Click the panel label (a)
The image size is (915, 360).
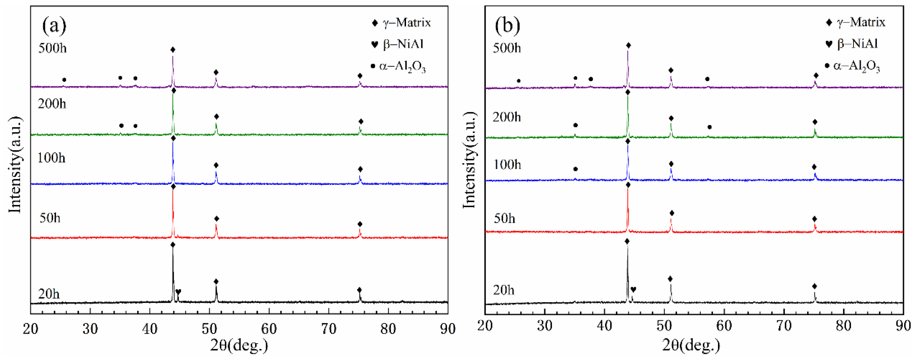tap(54, 26)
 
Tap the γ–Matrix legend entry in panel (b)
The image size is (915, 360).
tap(856, 22)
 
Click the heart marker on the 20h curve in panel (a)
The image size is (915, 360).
tap(178, 292)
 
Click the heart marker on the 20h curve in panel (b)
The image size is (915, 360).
tap(633, 290)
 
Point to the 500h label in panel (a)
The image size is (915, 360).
tap(52, 48)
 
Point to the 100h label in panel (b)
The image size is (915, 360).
tap(507, 165)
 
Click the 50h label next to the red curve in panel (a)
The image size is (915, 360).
tap(50, 217)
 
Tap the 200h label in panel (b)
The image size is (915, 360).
tap(507, 117)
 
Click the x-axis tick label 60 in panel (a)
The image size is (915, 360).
tap(269, 329)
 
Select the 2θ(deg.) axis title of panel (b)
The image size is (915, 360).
tap(691, 345)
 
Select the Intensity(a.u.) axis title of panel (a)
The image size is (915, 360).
tap(15, 165)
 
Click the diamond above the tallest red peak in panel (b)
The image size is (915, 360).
tap(628, 185)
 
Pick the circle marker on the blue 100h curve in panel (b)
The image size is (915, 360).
tap(575, 169)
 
